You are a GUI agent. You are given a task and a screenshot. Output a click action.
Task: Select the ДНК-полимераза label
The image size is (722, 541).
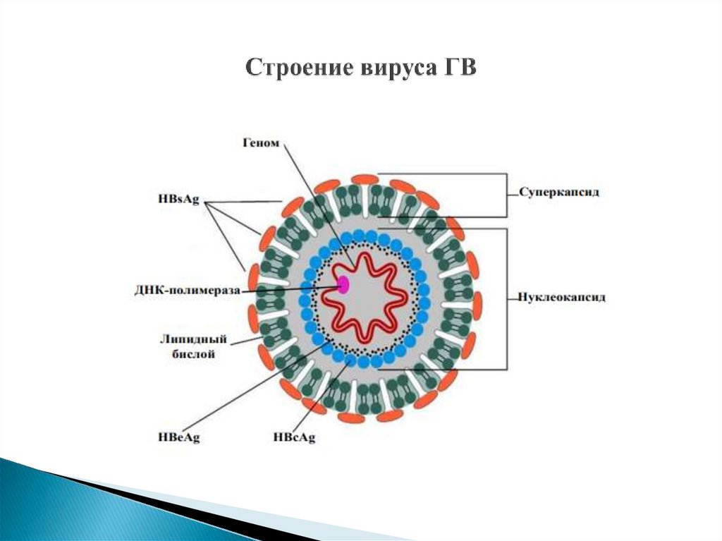188,290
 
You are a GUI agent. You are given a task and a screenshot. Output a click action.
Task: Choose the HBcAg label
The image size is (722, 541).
293,438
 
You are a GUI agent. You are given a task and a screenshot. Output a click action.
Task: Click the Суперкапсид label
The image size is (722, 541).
560,192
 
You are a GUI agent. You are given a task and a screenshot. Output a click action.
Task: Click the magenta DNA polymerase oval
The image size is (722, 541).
343,284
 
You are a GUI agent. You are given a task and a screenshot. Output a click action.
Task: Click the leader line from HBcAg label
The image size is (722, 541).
324,395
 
